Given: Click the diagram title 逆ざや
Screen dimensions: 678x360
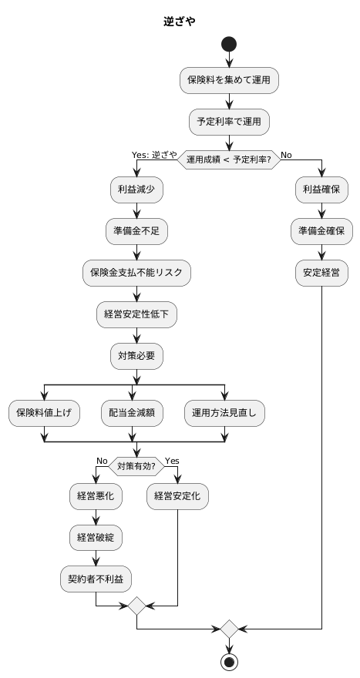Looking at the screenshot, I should click(x=179, y=22).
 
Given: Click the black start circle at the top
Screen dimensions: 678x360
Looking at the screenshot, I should click(x=229, y=45).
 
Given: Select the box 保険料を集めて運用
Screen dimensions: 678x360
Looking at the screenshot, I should click(x=229, y=79).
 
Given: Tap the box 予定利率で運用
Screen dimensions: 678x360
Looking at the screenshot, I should click(x=229, y=120).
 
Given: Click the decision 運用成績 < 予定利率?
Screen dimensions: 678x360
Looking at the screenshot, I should click(x=229, y=159).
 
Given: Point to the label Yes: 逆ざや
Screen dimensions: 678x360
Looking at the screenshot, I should click(x=154, y=154).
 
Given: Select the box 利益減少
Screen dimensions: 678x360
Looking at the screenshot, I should click(x=136, y=189).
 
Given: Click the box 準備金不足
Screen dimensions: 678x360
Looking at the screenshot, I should click(x=136, y=230).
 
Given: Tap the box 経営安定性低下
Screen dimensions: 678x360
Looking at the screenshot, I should click(x=136, y=314).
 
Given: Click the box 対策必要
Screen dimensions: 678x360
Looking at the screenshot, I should click(x=136, y=355).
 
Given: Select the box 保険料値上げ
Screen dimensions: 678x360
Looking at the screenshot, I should click(x=44, y=413).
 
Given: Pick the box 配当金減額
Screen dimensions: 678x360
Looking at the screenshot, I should click(x=132, y=413).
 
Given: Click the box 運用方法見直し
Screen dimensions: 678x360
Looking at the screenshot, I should click(x=224, y=413).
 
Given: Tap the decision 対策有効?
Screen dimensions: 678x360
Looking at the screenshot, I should click(x=136, y=465).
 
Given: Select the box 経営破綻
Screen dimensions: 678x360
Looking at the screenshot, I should click(x=96, y=537).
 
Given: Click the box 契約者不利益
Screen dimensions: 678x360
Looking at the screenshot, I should click(x=96, y=579).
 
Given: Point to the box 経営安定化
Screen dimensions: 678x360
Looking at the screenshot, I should click(x=177, y=496).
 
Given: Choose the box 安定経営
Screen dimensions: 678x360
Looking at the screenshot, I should click(x=321, y=271).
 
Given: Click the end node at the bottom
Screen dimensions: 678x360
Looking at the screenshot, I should click(x=229, y=662).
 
